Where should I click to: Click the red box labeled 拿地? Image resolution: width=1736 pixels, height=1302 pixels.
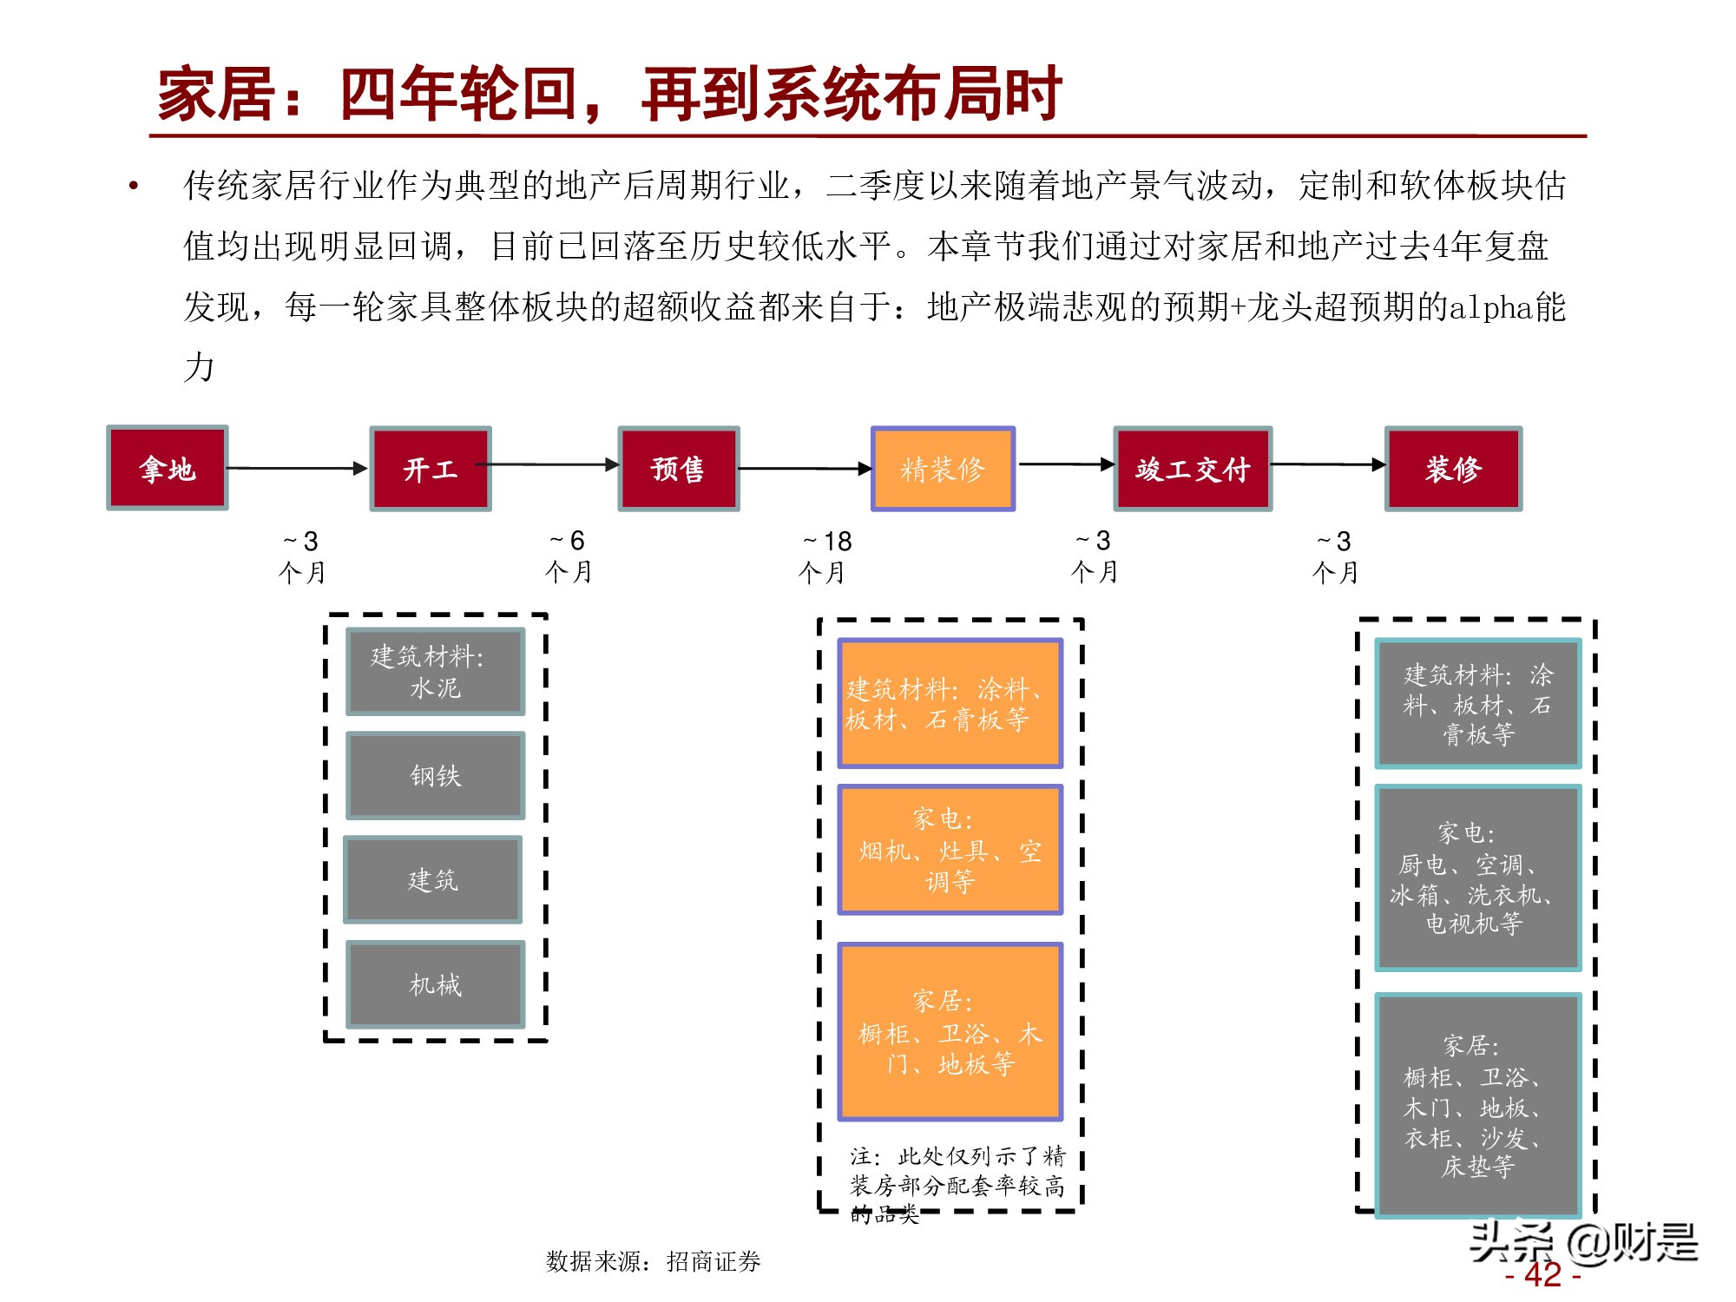coord(168,468)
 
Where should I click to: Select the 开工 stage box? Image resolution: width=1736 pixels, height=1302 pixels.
coord(431,469)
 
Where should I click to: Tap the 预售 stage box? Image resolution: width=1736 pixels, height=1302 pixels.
coord(678,469)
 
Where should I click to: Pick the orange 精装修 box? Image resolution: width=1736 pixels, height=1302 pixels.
coord(943,469)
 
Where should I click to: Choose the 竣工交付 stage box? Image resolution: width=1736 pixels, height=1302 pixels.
coord(1193,469)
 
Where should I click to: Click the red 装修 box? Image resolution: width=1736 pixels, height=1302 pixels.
coord(1453,469)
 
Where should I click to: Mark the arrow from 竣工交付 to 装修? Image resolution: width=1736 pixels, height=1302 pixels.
coord(1328,464)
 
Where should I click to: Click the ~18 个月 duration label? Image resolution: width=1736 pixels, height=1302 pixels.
coord(825,556)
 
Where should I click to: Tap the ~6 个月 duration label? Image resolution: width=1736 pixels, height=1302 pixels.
coord(569,556)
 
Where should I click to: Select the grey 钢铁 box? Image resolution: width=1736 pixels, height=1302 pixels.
coord(436,775)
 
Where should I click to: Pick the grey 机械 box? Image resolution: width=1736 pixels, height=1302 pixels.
coord(436,984)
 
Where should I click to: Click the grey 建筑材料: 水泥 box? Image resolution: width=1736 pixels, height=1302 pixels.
coord(436,671)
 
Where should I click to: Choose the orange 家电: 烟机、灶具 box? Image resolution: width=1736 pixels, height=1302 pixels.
coord(950,850)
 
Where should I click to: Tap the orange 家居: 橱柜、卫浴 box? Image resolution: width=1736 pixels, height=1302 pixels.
coord(950,1031)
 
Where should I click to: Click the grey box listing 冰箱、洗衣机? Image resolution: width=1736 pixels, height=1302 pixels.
coord(1477,878)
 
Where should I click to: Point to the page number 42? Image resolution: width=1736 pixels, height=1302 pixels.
coord(1542,1274)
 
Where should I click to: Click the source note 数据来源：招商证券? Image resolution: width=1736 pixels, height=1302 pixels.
coord(653,1261)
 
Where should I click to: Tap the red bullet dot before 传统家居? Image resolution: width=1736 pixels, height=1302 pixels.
coord(134,186)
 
